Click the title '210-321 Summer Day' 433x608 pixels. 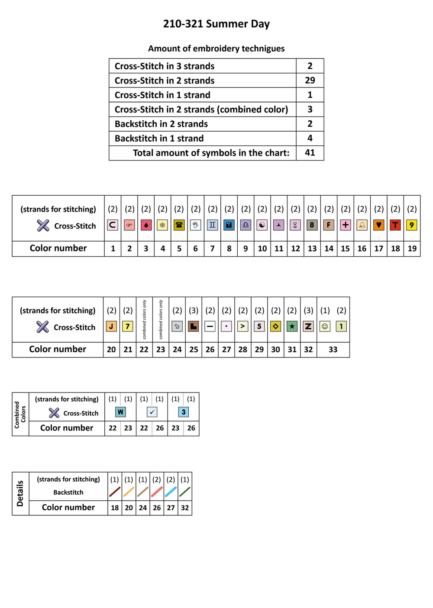click(x=216, y=24)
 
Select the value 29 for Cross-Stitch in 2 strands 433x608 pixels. click(x=310, y=80)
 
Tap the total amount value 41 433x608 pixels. click(x=310, y=152)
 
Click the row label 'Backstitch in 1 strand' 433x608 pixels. click(x=159, y=138)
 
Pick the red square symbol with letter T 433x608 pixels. click(x=395, y=225)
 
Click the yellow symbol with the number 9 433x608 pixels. click(x=411, y=225)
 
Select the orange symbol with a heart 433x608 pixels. click(x=378, y=225)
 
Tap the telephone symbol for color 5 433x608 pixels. click(x=179, y=225)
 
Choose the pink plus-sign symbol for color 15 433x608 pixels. click(x=345, y=225)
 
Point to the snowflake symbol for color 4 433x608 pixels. click(x=162, y=225)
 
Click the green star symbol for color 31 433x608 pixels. click(x=292, y=326)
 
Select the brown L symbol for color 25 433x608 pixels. click(x=194, y=326)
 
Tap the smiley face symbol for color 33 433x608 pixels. click(x=325, y=326)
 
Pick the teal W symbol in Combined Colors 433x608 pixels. click(x=120, y=412)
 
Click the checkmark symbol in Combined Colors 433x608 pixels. click(x=152, y=412)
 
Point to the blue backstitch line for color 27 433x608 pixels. click(x=171, y=492)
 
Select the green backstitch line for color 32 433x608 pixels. click(x=185, y=492)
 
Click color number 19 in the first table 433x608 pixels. click(x=412, y=248)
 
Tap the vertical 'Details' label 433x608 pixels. click(x=20, y=493)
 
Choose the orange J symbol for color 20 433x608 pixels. click(x=111, y=326)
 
